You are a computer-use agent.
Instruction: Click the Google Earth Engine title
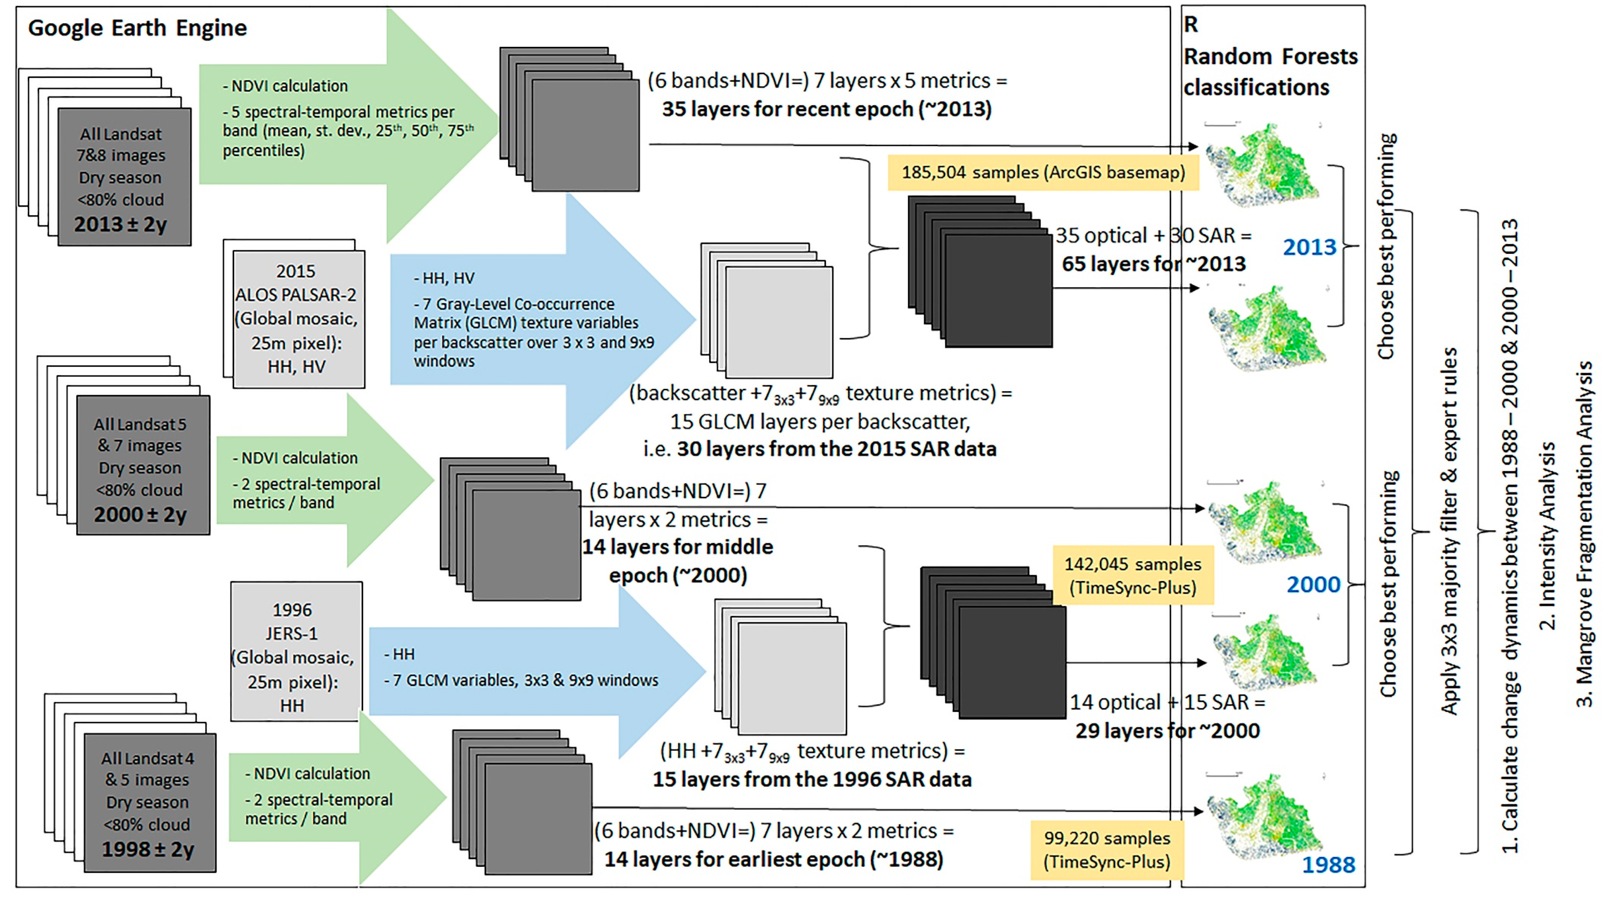(x=137, y=28)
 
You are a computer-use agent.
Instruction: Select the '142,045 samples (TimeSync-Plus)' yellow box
(x=1133, y=575)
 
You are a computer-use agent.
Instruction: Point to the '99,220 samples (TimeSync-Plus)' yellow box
(x=1107, y=849)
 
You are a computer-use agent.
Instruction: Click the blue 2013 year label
(x=1309, y=248)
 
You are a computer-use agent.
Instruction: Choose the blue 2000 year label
(x=1313, y=584)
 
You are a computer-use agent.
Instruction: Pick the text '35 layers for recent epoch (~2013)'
(x=826, y=109)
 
